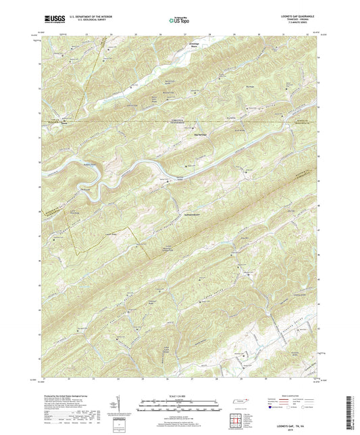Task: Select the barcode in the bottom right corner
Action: (353, 412)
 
